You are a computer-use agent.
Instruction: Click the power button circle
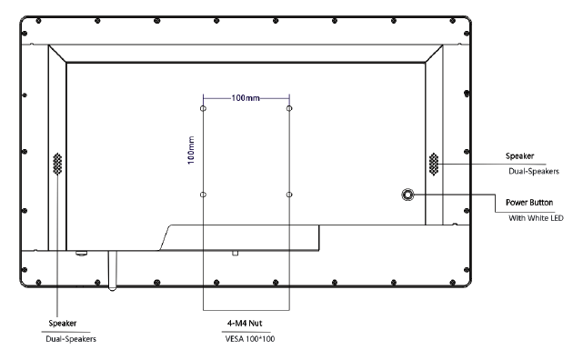tap(407, 195)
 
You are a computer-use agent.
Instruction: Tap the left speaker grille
tap(57, 164)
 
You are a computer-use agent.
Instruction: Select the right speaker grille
tap(434, 164)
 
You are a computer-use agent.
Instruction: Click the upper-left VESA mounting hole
tap(203, 108)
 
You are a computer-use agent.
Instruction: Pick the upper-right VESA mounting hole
tap(289, 108)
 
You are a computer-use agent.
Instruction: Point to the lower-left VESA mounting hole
tap(203, 195)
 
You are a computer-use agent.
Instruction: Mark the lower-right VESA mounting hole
tap(289, 195)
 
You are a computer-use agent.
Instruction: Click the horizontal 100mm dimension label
tap(246, 98)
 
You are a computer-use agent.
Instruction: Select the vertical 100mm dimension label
tap(191, 150)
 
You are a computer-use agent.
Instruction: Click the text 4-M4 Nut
tap(245, 323)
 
